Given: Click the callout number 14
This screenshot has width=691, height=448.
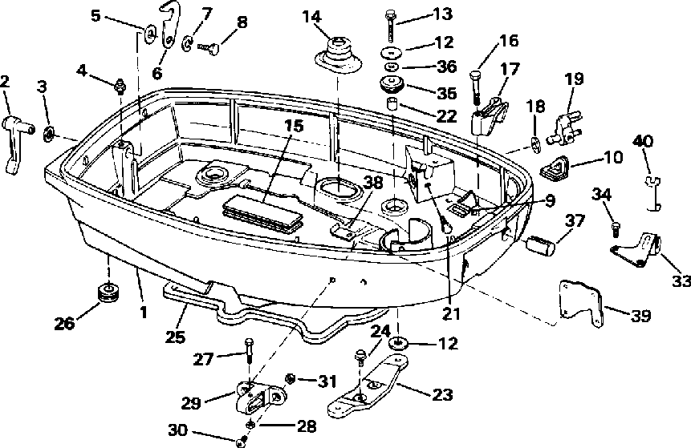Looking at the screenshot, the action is click(x=311, y=17).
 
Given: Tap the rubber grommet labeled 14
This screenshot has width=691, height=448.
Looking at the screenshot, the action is click(x=339, y=55).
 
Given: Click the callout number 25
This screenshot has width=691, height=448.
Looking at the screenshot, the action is click(x=176, y=337).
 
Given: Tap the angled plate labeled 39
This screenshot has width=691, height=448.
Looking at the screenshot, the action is click(x=581, y=303).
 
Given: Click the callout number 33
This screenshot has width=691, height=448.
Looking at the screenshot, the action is click(x=681, y=281).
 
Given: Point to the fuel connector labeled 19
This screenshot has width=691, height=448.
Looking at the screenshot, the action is click(x=564, y=127).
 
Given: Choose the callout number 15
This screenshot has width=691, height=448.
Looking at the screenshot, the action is click(x=294, y=127).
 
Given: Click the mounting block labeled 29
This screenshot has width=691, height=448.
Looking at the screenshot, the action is click(x=259, y=397).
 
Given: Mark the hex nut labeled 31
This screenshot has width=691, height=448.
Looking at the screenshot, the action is click(x=291, y=378).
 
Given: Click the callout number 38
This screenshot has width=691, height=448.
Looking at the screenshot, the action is click(x=373, y=183).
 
